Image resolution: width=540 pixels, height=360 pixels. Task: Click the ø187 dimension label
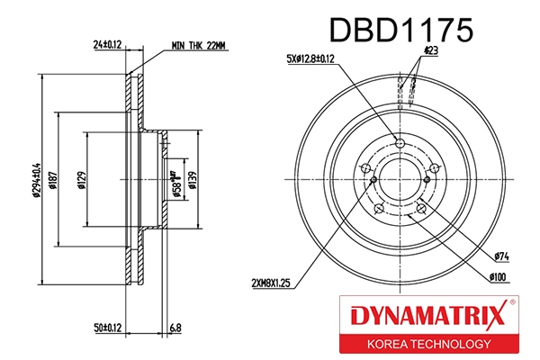[x=55, y=180]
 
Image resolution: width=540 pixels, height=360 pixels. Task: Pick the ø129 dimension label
[x=81, y=180]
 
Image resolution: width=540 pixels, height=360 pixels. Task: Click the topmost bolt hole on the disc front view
[x=401, y=142]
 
